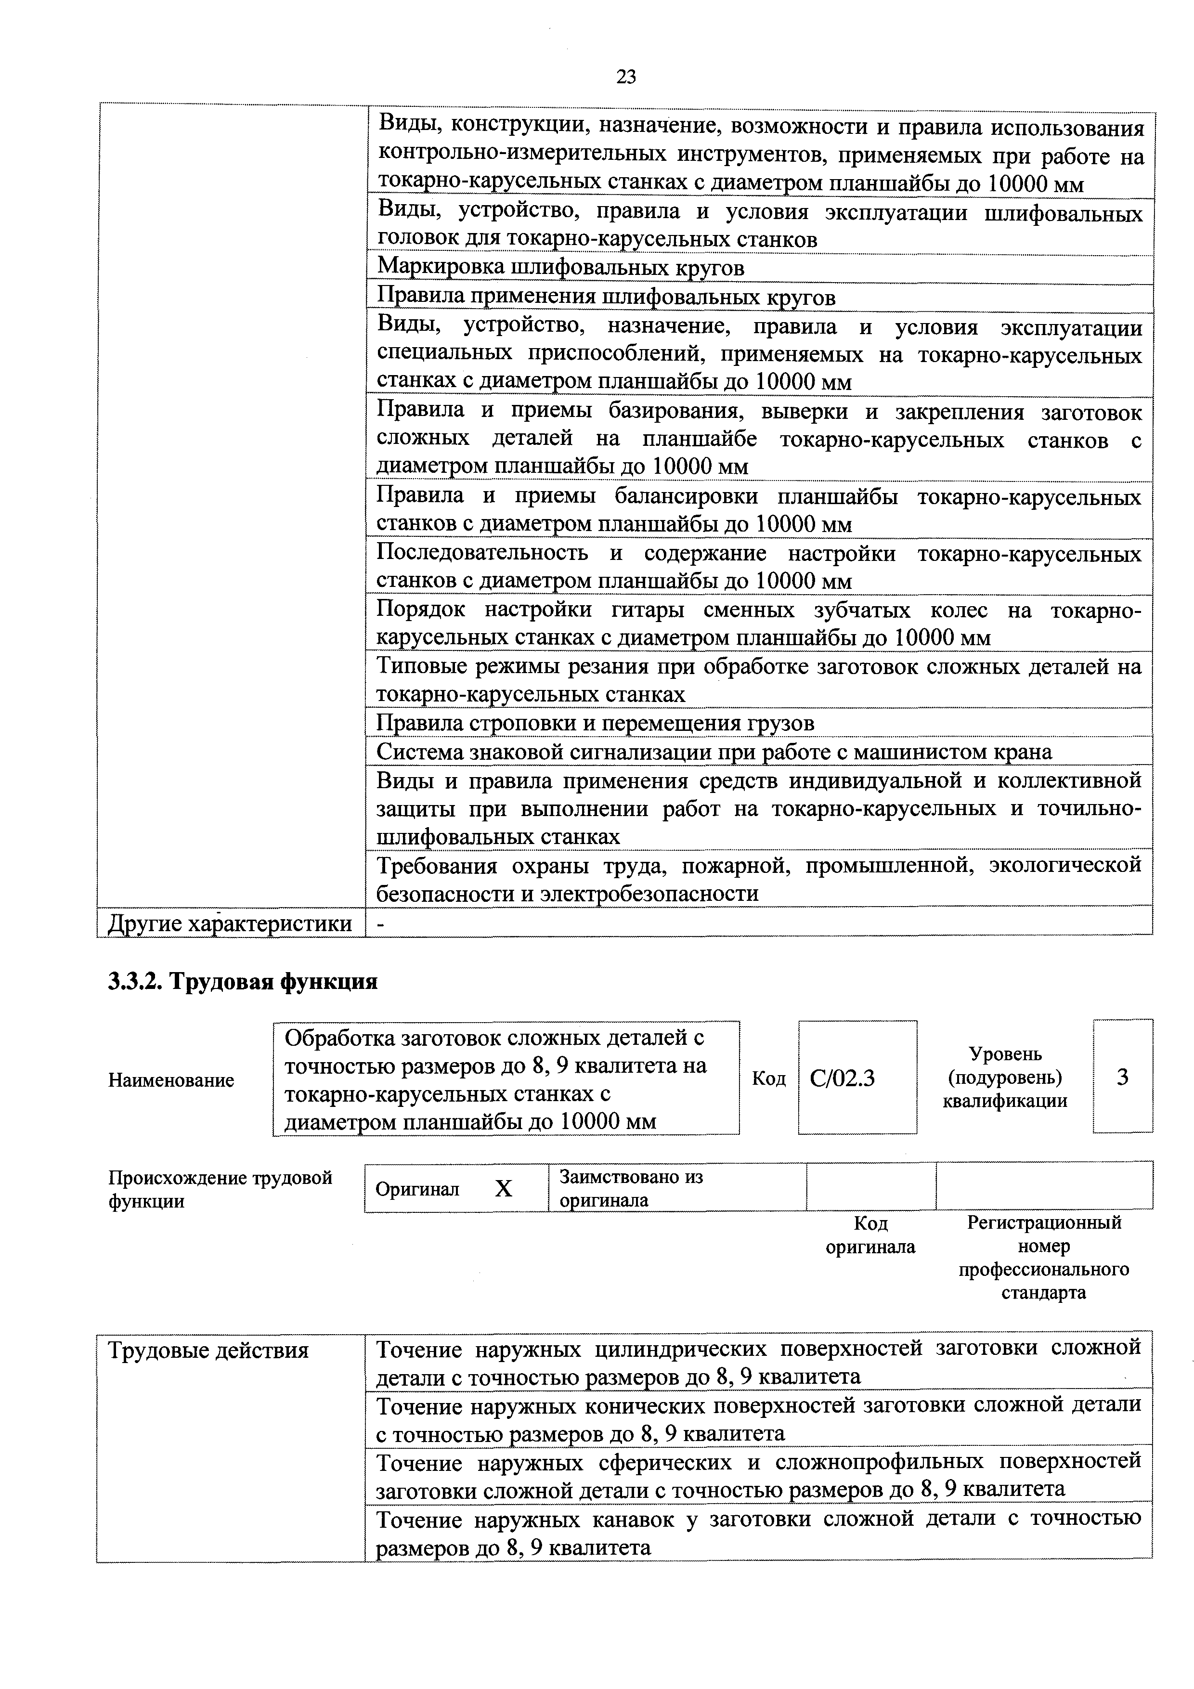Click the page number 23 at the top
click(625, 77)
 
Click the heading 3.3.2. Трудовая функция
click(243, 981)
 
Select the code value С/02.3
click(843, 1078)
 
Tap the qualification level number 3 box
click(1122, 1077)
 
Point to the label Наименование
click(171, 1080)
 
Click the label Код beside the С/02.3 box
click(769, 1078)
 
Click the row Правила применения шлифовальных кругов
click(606, 297)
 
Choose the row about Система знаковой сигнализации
click(714, 752)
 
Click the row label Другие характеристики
click(230, 923)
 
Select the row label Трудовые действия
click(208, 1350)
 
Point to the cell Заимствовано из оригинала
click(631, 1188)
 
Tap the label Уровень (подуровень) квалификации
click(1005, 1077)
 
